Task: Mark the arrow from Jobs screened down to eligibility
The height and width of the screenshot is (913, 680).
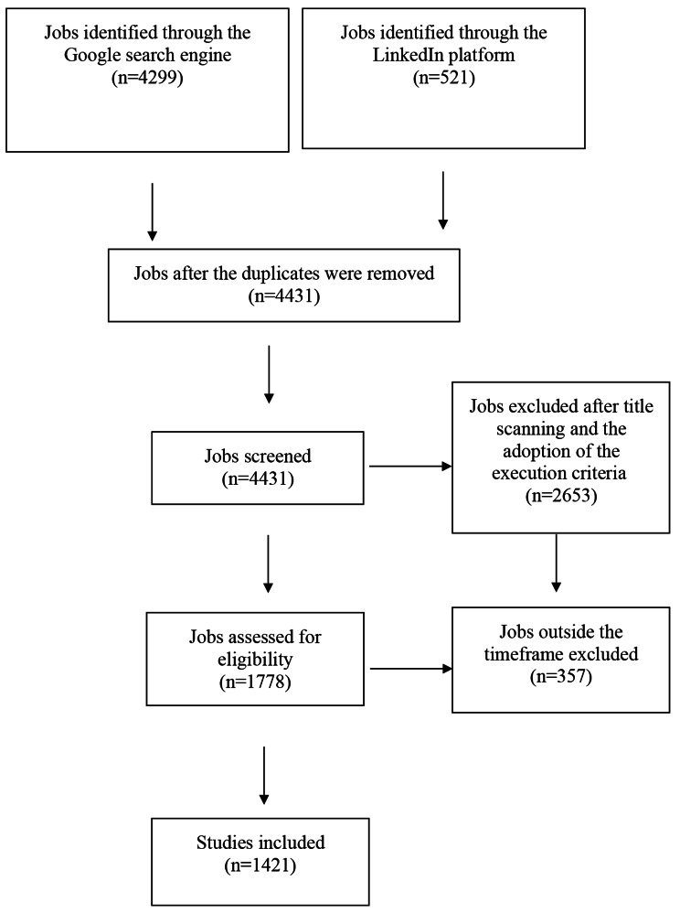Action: click(269, 564)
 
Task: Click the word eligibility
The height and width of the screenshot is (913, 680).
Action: click(256, 660)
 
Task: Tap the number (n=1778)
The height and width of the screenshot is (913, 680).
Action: click(256, 681)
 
